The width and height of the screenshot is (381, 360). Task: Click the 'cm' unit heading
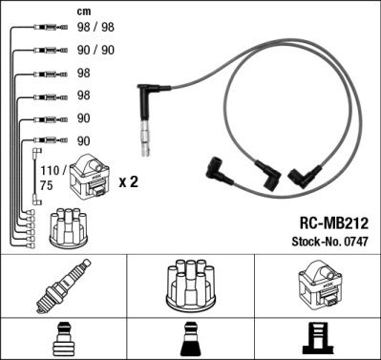(x=83, y=12)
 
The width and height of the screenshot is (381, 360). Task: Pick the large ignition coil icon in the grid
(x=316, y=287)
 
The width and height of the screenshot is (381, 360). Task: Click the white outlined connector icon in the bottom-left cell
(x=63, y=340)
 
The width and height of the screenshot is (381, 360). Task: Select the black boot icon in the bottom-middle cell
(x=190, y=340)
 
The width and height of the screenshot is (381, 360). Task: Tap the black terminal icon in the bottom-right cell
(x=316, y=340)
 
